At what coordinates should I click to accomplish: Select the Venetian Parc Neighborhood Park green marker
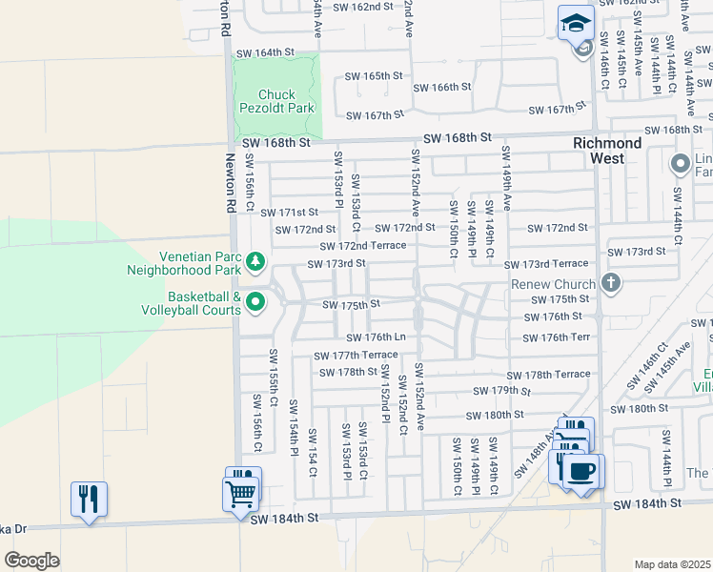click(255, 260)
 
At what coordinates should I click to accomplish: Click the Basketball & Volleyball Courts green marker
click(255, 302)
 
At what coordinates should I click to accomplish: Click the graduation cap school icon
click(576, 23)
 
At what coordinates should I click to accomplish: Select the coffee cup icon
click(582, 470)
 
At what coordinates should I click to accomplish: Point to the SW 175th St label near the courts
click(352, 305)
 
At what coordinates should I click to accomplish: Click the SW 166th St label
click(442, 88)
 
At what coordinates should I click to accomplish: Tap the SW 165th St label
click(375, 75)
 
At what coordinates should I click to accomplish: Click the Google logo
click(31, 560)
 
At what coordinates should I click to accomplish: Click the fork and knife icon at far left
click(88, 497)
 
